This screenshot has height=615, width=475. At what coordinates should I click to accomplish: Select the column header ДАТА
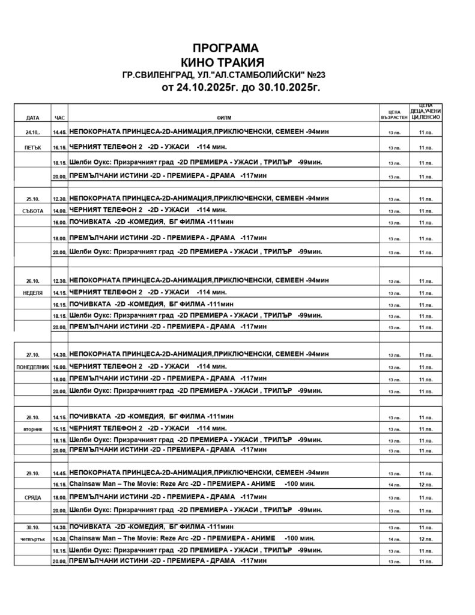pos(33,117)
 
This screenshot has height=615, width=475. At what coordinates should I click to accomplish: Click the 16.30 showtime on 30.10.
pos(59,538)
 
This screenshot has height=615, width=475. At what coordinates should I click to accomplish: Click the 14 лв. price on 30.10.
pos(394,539)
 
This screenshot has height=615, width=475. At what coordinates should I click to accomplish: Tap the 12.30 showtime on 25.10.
pos(59,198)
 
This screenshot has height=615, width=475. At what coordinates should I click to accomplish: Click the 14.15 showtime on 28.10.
pos(59,416)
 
